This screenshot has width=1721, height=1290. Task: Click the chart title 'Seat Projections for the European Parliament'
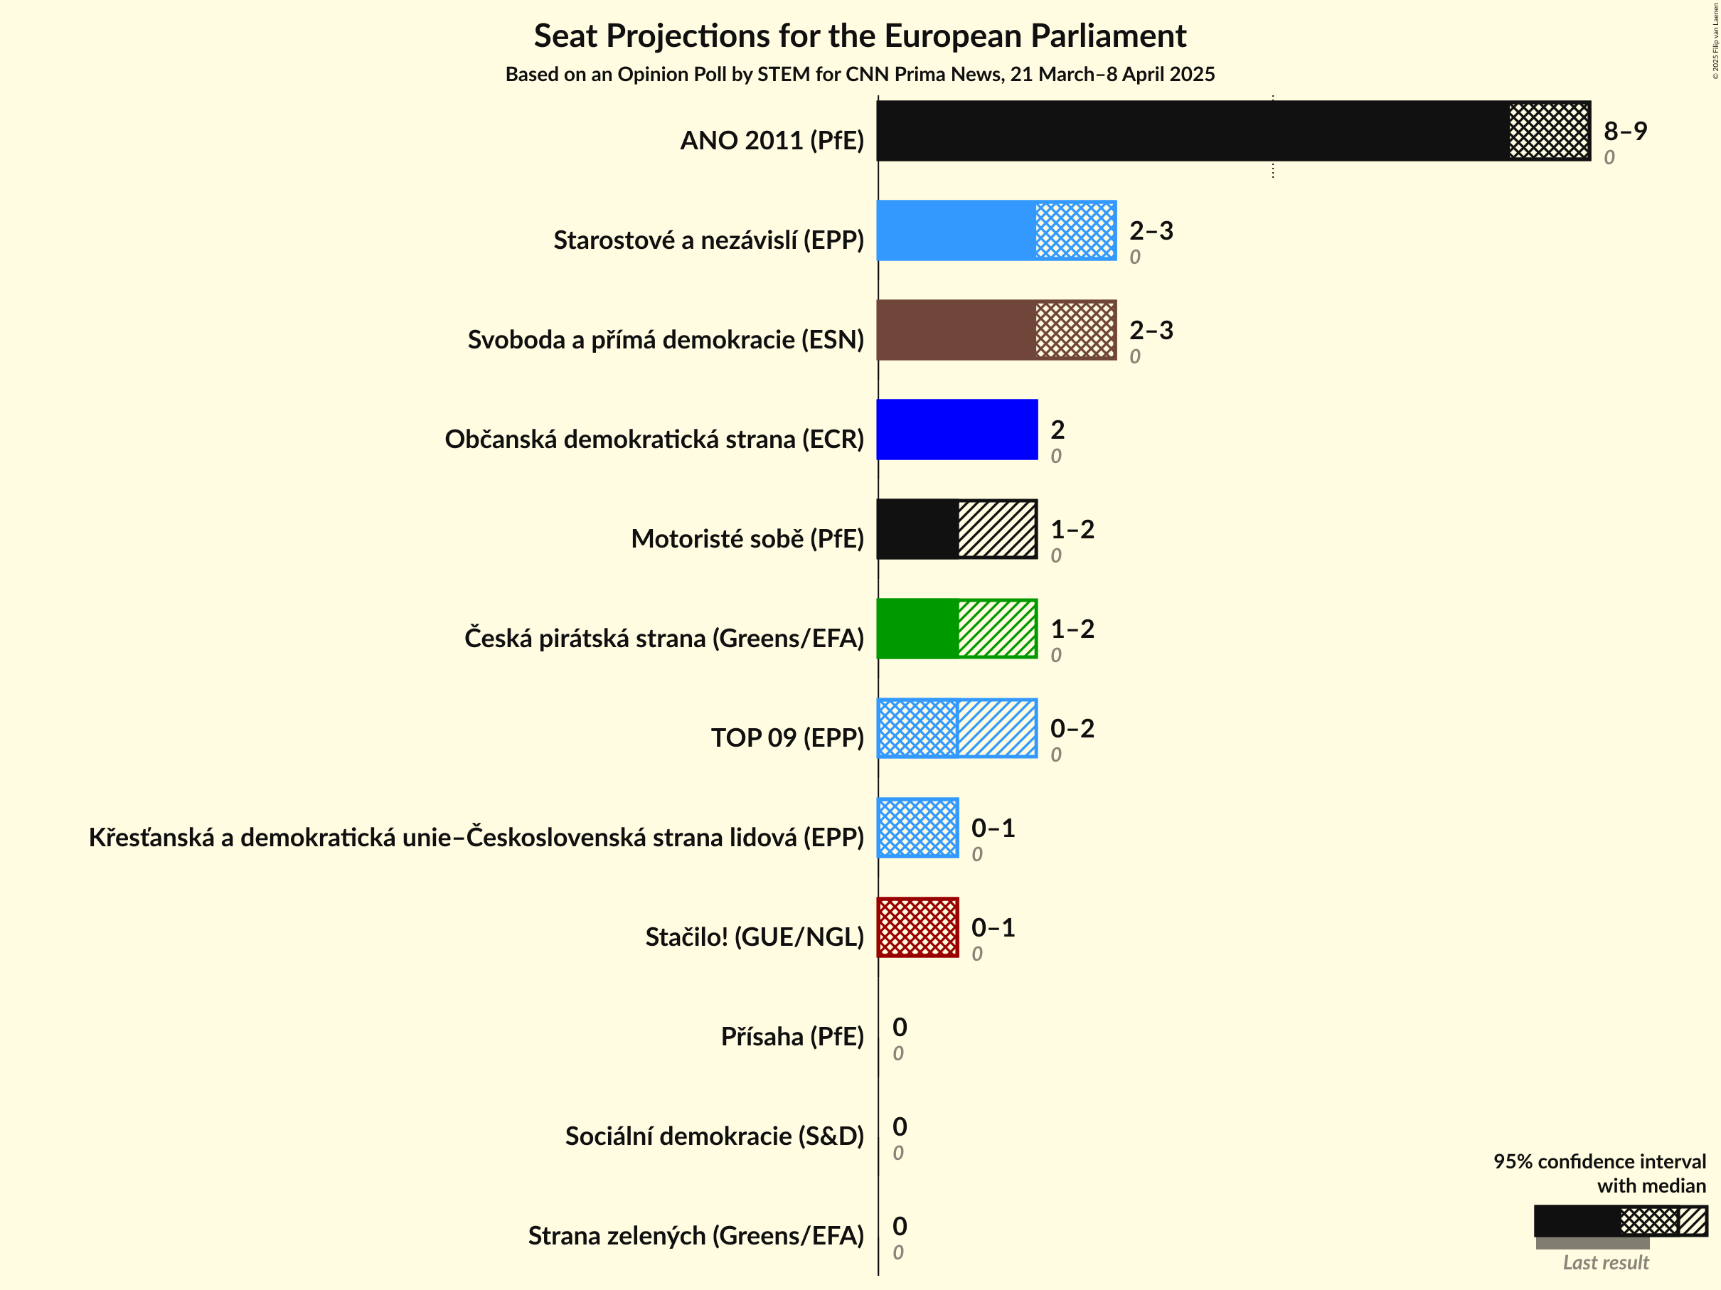point(860,36)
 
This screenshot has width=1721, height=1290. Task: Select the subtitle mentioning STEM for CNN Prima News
point(860,75)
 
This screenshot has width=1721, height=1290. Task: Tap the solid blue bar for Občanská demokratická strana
point(957,430)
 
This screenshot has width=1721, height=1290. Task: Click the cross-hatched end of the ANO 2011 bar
point(1548,131)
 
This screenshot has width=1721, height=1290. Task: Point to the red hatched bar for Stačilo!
point(917,927)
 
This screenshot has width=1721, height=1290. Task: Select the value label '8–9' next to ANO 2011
point(1624,131)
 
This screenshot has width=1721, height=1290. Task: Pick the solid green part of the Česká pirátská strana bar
point(917,629)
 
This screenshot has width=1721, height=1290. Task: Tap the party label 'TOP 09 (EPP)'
point(787,737)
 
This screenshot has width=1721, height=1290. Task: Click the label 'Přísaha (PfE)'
point(792,1036)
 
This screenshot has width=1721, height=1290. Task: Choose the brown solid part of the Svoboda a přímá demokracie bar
point(955,330)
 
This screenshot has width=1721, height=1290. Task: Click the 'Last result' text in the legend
point(1605,1263)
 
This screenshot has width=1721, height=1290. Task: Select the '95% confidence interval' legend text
point(1599,1161)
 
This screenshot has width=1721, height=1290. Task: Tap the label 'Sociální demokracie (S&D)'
point(713,1136)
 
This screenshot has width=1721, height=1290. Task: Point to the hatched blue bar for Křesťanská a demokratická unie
point(917,828)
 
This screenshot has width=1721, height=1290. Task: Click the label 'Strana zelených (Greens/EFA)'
point(696,1235)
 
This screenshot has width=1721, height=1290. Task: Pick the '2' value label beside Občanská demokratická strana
point(1057,430)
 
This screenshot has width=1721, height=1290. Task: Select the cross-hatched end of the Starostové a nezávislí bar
point(1075,230)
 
